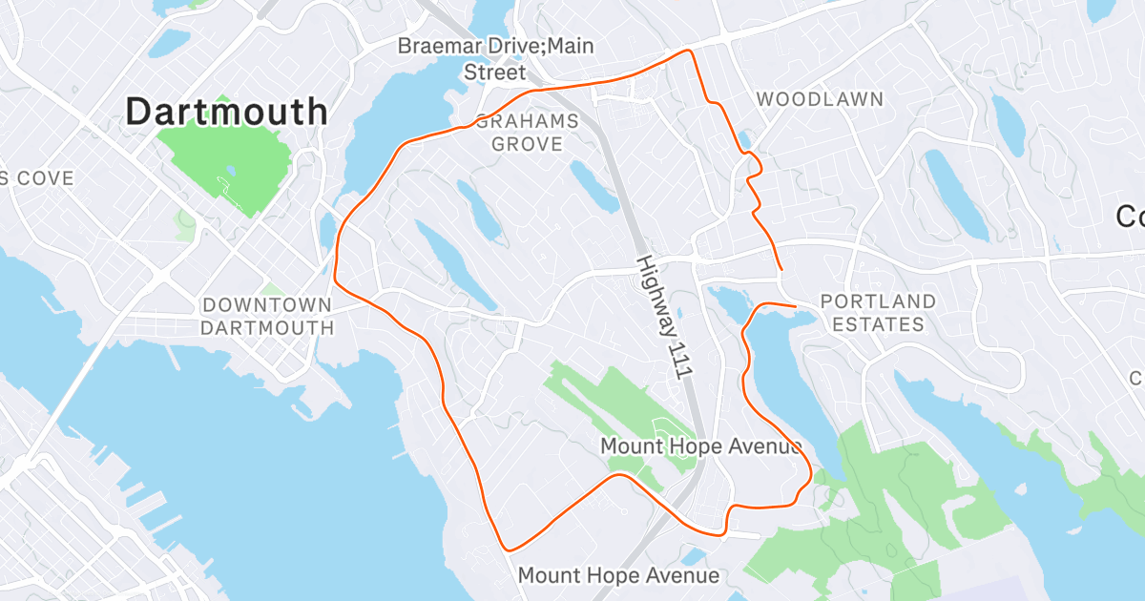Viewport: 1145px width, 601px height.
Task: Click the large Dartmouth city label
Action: [227, 113]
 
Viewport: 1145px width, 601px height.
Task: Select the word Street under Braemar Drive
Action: [494, 73]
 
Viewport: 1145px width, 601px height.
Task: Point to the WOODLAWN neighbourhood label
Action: [820, 99]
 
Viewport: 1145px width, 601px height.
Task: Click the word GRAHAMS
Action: [527, 122]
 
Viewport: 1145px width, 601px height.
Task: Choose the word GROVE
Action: [527, 144]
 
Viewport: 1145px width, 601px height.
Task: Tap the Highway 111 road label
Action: [662, 319]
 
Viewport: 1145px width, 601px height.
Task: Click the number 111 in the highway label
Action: [674, 357]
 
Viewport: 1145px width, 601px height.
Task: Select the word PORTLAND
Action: [878, 301]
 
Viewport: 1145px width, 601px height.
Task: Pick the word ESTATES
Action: [878, 324]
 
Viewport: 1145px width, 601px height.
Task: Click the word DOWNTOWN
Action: [267, 305]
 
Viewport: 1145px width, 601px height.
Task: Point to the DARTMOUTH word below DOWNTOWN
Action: [267, 328]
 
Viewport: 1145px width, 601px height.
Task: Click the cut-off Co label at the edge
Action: [1130, 218]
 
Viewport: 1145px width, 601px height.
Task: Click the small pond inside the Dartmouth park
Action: [229, 173]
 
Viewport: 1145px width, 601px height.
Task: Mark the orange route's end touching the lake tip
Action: [795, 306]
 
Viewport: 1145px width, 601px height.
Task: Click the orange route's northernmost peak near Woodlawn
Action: [687, 51]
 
